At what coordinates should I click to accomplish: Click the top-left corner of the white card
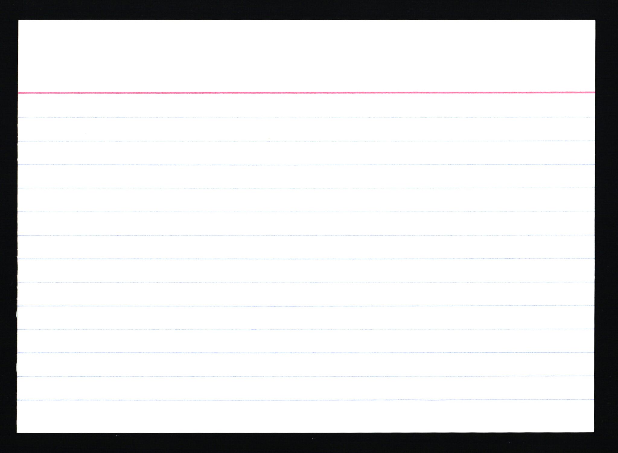pyautogui.click(x=19, y=21)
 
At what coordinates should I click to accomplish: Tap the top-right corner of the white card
pyautogui.click(x=595, y=21)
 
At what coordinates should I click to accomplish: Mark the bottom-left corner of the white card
pyautogui.click(x=17, y=432)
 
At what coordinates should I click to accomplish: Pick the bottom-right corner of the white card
pyautogui.click(x=594, y=432)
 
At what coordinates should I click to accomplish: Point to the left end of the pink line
pyautogui.click(x=19, y=93)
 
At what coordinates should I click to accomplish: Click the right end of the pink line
pyautogui.click(x=594, y=92)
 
